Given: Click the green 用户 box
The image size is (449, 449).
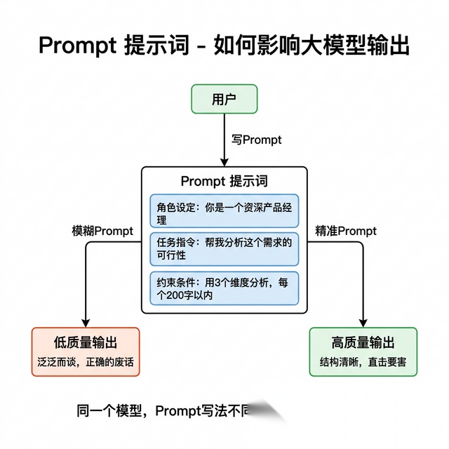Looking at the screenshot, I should [x=224, y=99].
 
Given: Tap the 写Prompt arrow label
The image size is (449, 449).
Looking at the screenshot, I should [x=257, y=140].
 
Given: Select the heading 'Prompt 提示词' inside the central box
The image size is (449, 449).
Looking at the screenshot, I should [x=224, y=181].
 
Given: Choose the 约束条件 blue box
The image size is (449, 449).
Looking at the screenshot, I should [x=224, y=288].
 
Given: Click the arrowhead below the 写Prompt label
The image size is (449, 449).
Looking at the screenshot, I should [x=224, y=161].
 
